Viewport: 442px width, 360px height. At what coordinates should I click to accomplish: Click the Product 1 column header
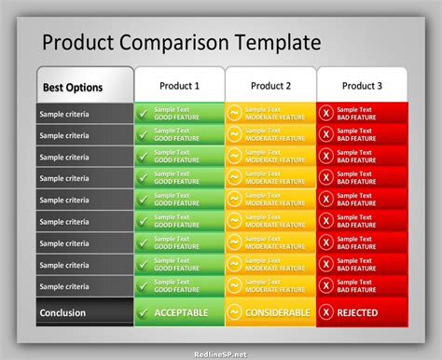(179, 86)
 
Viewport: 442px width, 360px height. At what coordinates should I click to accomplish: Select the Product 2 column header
(270, 86)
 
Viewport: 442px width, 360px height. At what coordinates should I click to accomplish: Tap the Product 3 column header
(361, 86)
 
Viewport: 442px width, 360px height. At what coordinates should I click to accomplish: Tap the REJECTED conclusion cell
(363, 312)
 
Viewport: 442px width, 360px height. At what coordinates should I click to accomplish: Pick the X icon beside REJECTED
(325, 312)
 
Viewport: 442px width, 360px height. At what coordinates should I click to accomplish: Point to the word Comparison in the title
(177, 43)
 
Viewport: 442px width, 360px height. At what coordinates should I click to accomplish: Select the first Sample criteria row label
(64, 114)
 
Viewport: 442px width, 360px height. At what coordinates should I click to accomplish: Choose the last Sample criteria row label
(64, 285)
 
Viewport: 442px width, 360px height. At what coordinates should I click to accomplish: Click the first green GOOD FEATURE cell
(179, 114)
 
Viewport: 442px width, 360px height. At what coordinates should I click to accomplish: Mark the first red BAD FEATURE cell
(362, 114)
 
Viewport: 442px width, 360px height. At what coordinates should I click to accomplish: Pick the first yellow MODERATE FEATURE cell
(270, 114)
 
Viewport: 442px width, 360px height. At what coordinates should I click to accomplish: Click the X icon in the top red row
(325, 114)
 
